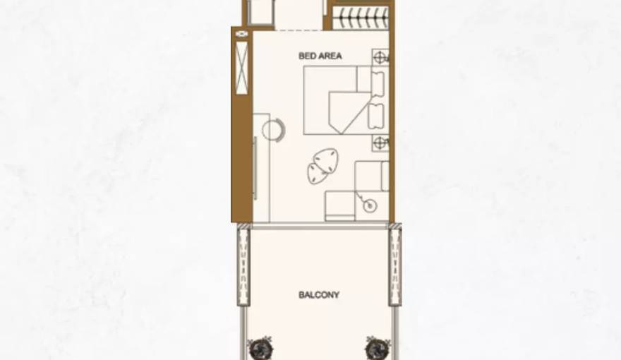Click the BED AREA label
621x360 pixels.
[320, 55]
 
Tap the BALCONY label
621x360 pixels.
[318, 294]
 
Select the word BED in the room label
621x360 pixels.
[306, 55]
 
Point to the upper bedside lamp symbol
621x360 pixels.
[380, 58]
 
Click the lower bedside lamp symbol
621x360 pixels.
[380, 143]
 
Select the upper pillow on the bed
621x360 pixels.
[377, 83]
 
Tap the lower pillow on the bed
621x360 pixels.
[376, 116]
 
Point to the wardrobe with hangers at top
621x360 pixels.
[360, 18]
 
